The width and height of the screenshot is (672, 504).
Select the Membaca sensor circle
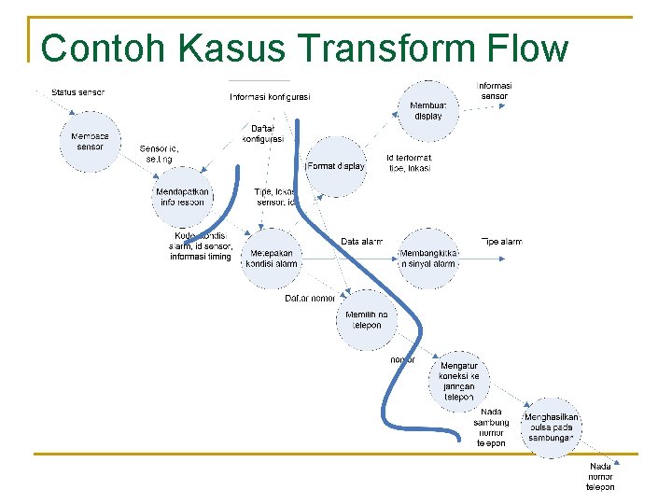pyautogui.click(x=91, y=142)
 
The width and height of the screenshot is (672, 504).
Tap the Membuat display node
pyautogui.click(x=428, y=110)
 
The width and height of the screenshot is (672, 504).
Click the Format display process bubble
pyautogui.click(x=336, y=166)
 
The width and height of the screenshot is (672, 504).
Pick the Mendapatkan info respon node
pyautogui.click(x=182, y=197)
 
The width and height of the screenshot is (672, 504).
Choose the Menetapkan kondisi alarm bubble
pyautogui.click(x=273, y=258)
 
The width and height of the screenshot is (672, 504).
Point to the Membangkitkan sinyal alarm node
pyautogui.click(x=428, y=258)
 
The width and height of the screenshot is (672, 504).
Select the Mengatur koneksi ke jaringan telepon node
pyautogui.click(x=458, y=381)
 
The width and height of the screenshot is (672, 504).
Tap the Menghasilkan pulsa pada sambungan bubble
pyautogui.click(x=552, y=427)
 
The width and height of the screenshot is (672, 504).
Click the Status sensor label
pyautogui.click(x=78, y=92)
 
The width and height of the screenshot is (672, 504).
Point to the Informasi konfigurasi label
pyautogui.click(x=271, y=97)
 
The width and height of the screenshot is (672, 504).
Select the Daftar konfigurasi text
pyautogui.click(x=262, y=133)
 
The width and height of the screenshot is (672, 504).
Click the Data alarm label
pyautogui.click(x=362, y=242)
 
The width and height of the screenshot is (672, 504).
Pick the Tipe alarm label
pyautogui.click(x=501, y=242)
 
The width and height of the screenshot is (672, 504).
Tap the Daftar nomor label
pyautogui.click(x=310, y=299)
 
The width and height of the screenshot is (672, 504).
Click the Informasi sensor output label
pyautogui.click(x=495, y=91)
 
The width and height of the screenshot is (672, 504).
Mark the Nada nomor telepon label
pyautogui.click(x=600, y=476)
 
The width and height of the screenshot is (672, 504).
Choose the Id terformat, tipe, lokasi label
pyautogui.click(x=410, y=163)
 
